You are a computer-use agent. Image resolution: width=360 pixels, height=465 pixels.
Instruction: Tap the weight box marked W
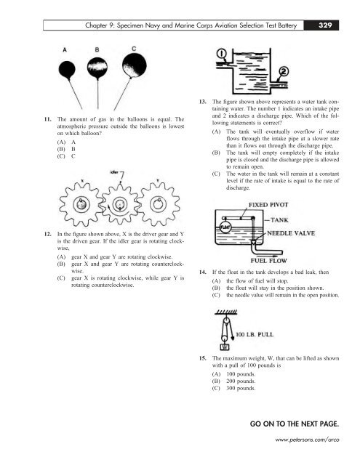(225, 346)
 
